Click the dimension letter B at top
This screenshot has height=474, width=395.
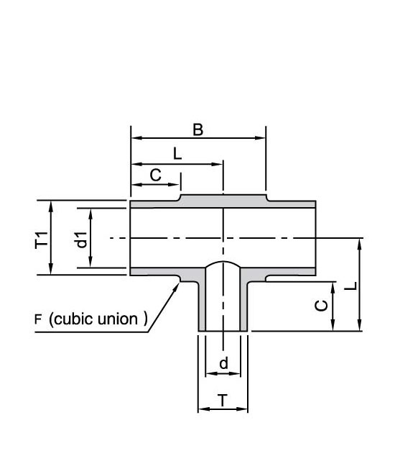[198, 130]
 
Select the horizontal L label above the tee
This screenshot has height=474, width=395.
[177, 154]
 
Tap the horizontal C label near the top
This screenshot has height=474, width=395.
[156, 175]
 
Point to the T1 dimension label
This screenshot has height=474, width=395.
[42, 240]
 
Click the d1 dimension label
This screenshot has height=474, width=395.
[82, 240]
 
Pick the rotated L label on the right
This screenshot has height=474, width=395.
[350, 286]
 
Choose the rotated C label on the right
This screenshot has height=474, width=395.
[321, 306]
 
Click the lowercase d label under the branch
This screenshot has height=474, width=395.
[223, 363]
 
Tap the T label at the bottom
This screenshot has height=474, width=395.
[223, 401]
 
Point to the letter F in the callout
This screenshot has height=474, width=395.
[38, 319]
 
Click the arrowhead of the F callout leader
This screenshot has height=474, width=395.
[176, 286]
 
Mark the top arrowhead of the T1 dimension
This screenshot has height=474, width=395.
[51, 206]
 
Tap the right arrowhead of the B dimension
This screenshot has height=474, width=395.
[260, 138]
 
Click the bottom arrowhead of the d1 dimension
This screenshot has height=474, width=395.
[90, 263]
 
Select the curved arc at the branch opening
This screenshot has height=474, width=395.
[223, 262]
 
